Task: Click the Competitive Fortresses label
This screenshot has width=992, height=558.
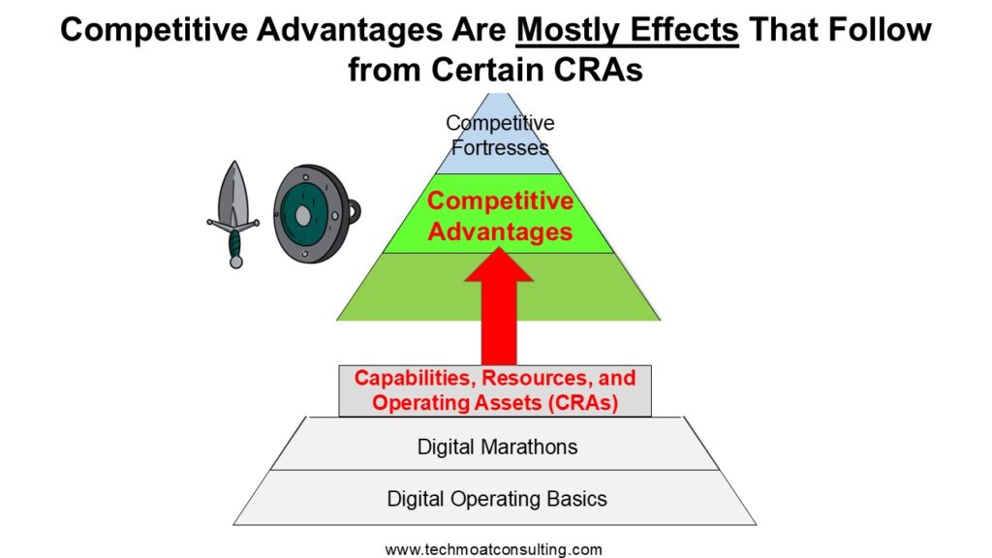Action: point(500,135)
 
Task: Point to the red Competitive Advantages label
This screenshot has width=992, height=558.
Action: point(500,216)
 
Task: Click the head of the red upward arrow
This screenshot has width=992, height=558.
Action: point(499,264)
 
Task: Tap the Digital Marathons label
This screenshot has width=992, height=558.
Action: point(497,447)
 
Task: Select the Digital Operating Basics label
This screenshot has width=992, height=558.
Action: point(497,499)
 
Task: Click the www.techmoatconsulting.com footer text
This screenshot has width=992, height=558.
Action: point(493,548)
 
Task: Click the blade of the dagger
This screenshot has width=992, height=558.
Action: point(234,193)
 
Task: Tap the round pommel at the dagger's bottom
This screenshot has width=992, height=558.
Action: point(236,261)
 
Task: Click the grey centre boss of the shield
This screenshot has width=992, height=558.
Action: point(303,216)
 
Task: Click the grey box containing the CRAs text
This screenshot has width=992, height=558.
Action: point(495,390)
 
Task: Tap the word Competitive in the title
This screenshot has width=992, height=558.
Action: point(154,30)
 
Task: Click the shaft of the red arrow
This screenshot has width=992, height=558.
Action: point(499,323)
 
